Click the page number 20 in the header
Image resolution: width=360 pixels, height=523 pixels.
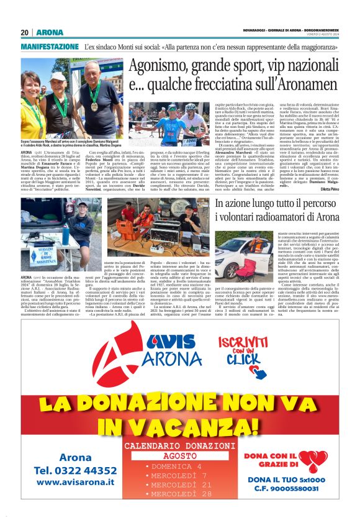[x=25, y=32]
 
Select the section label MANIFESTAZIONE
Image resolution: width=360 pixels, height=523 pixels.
[x=50, y=47]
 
